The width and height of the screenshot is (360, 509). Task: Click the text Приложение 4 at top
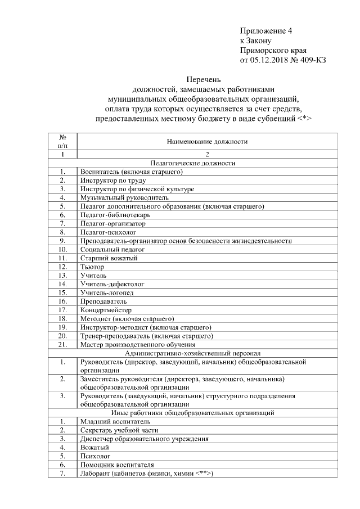[266, 30]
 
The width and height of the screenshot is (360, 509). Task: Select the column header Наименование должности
[207, 142]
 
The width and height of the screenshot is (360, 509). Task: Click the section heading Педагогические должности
[207, 163]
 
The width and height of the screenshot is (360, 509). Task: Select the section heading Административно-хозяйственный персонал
[207, 353]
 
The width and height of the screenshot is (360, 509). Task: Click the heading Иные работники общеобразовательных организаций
[207, 413]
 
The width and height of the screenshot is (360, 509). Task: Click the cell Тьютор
[92, 267]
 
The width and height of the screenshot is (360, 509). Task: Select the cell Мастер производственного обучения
[138, 344]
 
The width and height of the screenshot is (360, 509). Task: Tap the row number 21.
[63, 344]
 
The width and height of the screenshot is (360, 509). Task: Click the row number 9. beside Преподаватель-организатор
[63, 241]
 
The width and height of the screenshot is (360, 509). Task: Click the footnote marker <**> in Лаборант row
[202, 474]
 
